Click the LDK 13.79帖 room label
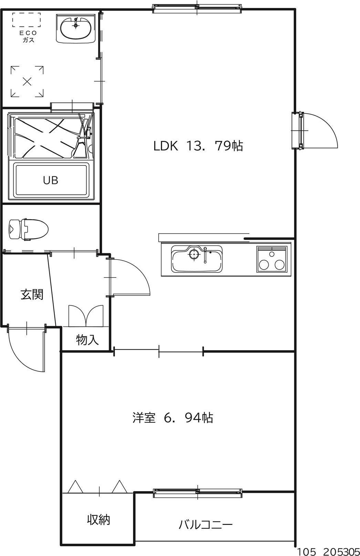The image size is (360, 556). [x=198, y=146]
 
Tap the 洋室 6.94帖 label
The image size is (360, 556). [x=172, y=418]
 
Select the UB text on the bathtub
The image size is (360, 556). [x=51, y=180]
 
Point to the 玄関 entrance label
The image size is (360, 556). [x=32, y=295]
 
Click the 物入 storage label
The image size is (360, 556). [x=87, y=340]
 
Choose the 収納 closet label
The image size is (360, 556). [x=98, y=519]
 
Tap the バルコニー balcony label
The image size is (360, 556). [x=206, y=525]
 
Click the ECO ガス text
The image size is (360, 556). [x=29, y=37]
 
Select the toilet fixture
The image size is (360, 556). [x=28, y=228]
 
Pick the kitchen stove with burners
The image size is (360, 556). [x=272, y=260]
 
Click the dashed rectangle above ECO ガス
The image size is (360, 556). [x=27, y=20]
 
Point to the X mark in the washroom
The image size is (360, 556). [x=27, y=82]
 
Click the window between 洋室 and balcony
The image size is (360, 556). [x=197, y=493]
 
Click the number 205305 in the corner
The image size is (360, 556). [x=340, y=552]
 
